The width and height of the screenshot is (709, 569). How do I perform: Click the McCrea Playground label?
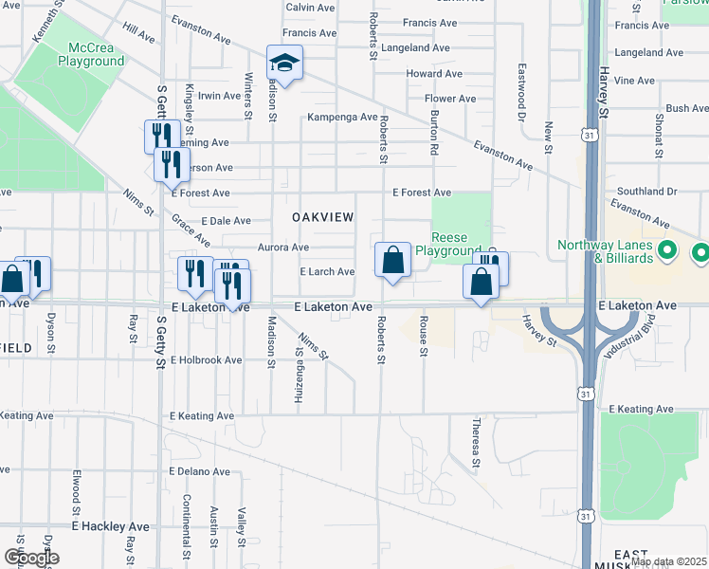pyautogui.click(x=91, y=54)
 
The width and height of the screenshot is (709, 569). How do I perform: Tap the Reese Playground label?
pyautogui.click(x=457, y=244)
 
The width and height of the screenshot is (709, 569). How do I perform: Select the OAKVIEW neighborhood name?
pyautogui.click(x=322, y=217)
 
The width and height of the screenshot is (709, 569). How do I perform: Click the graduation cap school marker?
pyautogui.click(x=284, y=64)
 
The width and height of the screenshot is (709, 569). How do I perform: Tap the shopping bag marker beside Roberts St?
pyautogui.click(x=392, y=261)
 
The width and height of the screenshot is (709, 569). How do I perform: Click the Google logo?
pyautogui.click(x=31, y=558)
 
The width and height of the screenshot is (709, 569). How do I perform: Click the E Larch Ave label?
pyautogui.click(x=327, y=272)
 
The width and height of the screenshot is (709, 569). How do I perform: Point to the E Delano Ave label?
pyautogui.click(x=199, y=471)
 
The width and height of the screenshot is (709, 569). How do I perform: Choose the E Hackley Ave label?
pyautogui.click(x=111, y=525)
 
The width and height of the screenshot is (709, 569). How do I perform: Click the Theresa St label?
pyautogui.click(x=477, y=436)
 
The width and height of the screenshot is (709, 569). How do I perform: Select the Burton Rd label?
pyautogui.click(x=434, y=133)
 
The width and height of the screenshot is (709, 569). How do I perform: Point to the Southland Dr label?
pyautogui.click(x=645, y=191)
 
